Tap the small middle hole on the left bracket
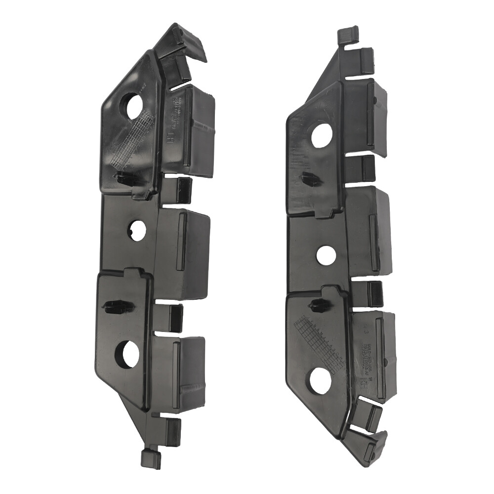(138, 231)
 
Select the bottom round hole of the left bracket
(127, 354)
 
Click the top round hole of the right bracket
(322, 135)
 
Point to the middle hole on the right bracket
(326, 254)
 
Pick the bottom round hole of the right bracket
(322, 380)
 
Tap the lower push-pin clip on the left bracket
(119, 306)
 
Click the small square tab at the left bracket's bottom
(150, 458)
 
